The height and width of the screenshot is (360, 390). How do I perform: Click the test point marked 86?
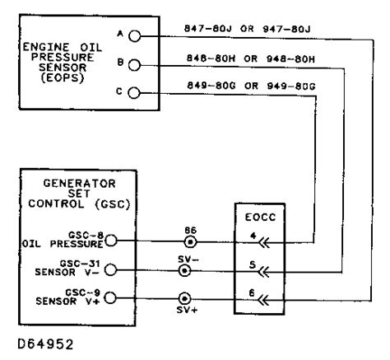[x=189, y=242]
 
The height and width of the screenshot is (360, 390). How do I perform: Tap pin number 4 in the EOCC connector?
[x=256, y=235]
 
